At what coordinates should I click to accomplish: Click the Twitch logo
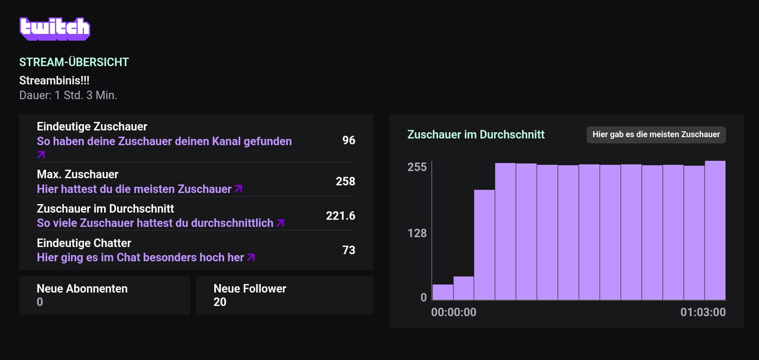click(55, 29)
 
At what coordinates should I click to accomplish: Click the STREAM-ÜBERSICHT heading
click(74, 62)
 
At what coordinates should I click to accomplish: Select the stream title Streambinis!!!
click(54, 80)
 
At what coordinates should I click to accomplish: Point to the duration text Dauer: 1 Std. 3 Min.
click(68, 95)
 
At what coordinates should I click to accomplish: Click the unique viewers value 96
click(349, 140)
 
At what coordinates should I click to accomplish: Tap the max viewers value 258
click(345, 181)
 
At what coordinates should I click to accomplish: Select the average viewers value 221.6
click(340, 216)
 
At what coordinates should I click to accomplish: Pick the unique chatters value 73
click(349, 250)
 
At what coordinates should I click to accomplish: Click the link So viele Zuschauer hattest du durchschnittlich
click(160, 223)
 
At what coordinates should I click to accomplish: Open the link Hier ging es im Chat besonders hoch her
click(146, 257)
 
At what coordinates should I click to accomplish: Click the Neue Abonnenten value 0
click(40, 302)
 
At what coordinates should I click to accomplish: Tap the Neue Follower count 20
click(220, 302)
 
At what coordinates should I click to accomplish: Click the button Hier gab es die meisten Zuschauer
click(656, 134)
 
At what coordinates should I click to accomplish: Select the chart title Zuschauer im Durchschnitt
click(476, 134)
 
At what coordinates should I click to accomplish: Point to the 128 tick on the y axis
click(417, 233)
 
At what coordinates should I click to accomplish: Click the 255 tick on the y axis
click(417, 167)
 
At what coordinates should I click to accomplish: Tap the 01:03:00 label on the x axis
click(703, 312)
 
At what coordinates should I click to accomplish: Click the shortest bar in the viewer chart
click(443, 292)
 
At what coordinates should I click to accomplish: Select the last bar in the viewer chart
click(715, 230)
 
